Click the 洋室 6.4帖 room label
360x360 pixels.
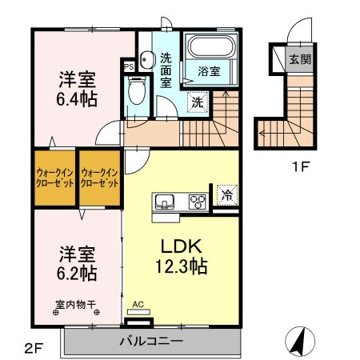[x=78, y=89]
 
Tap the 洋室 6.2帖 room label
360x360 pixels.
[x=78, y=263]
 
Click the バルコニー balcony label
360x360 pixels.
[x=151, y=341]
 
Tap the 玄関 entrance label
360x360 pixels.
[x=300, y=58]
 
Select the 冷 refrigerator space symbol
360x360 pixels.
[x=226, y=194]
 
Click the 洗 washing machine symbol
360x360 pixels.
[x=196, y=102]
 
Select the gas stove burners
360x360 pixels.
[x=196, y=202]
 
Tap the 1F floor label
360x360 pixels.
[x=299, y=167]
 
